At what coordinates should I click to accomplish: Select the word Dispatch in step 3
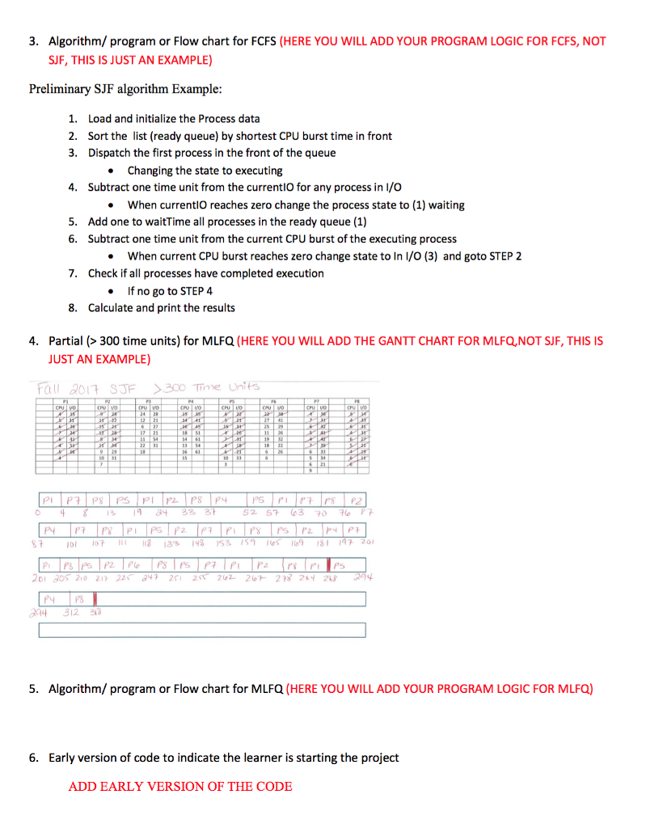[x=111, y=153]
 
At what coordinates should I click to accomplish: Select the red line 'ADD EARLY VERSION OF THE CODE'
[x=180, y=786]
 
